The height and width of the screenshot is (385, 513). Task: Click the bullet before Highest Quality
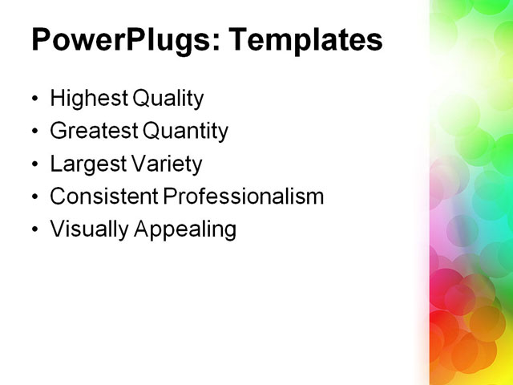[34, 100]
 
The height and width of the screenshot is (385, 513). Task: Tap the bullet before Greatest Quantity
[34, 132]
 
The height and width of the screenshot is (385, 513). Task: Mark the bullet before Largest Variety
[34, 165]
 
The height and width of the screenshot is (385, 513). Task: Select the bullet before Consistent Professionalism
[34, 198]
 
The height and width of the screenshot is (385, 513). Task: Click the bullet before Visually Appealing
[34, 231]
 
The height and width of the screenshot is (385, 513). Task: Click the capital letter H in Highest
[57, 99]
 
